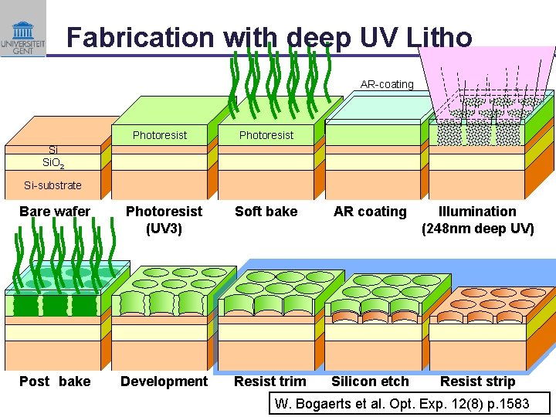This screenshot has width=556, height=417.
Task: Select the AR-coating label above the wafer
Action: [387, 84]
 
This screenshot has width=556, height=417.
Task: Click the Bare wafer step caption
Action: [55, 212]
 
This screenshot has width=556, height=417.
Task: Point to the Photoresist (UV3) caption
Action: [164, 219]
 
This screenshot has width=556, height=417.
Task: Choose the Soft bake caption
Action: [266, 212]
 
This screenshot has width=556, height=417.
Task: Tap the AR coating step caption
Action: [370, 212]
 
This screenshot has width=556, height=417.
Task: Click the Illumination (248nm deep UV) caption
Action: [477, 219]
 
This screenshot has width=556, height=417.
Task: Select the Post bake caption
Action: [55, 381]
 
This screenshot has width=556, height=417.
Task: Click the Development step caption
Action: [164, 381]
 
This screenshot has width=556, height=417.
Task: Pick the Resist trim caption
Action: [270, 381]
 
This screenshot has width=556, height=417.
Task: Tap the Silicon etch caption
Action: [370, 381]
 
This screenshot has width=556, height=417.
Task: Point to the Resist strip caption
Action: [477, 381]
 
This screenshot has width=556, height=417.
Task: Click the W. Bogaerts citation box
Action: [409, 403]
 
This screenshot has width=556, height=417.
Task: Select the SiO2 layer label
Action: [53, 163]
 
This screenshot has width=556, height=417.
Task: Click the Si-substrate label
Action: [53, 185]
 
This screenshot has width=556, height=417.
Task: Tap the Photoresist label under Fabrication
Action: [160, 135]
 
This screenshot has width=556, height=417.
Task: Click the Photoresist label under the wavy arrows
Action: [266, 135]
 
